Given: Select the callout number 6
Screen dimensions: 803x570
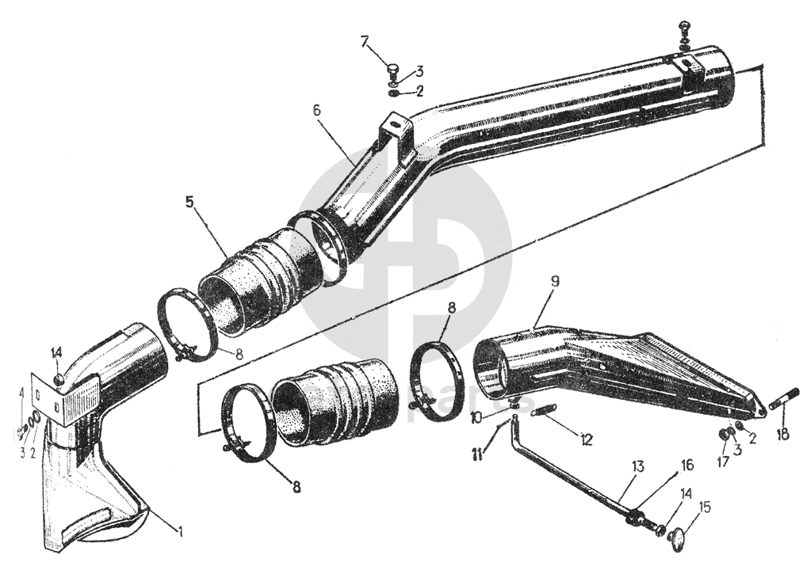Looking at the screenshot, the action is tap(316, 110).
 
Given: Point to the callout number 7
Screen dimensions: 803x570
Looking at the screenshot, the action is tap(365, 41).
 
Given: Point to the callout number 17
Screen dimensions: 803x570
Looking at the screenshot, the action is tap(723, 458).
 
